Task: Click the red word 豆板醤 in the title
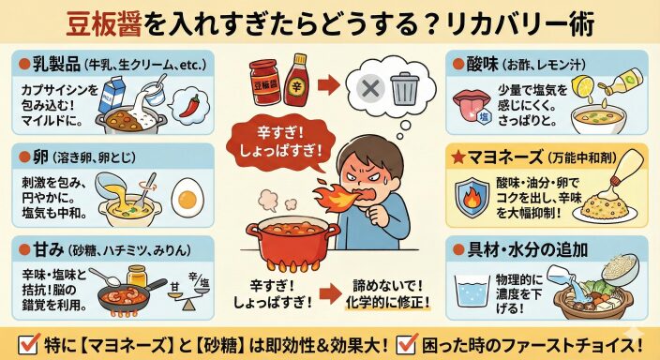coord(104,24)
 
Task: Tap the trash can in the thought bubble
coord(404,88)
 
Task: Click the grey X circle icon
coord(370,89)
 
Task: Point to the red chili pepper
coord(189,106)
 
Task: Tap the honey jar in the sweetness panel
coord(136,277)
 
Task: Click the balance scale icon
coord(188,292)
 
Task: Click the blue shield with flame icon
coord(472,198)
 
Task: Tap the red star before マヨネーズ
coord(457,157)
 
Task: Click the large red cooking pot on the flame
coord(292,244)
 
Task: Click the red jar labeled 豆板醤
coord(264,82)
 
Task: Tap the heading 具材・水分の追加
coord(527,249)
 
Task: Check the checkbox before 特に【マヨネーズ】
coord(29,344)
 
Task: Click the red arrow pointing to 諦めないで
coord(330,293)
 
